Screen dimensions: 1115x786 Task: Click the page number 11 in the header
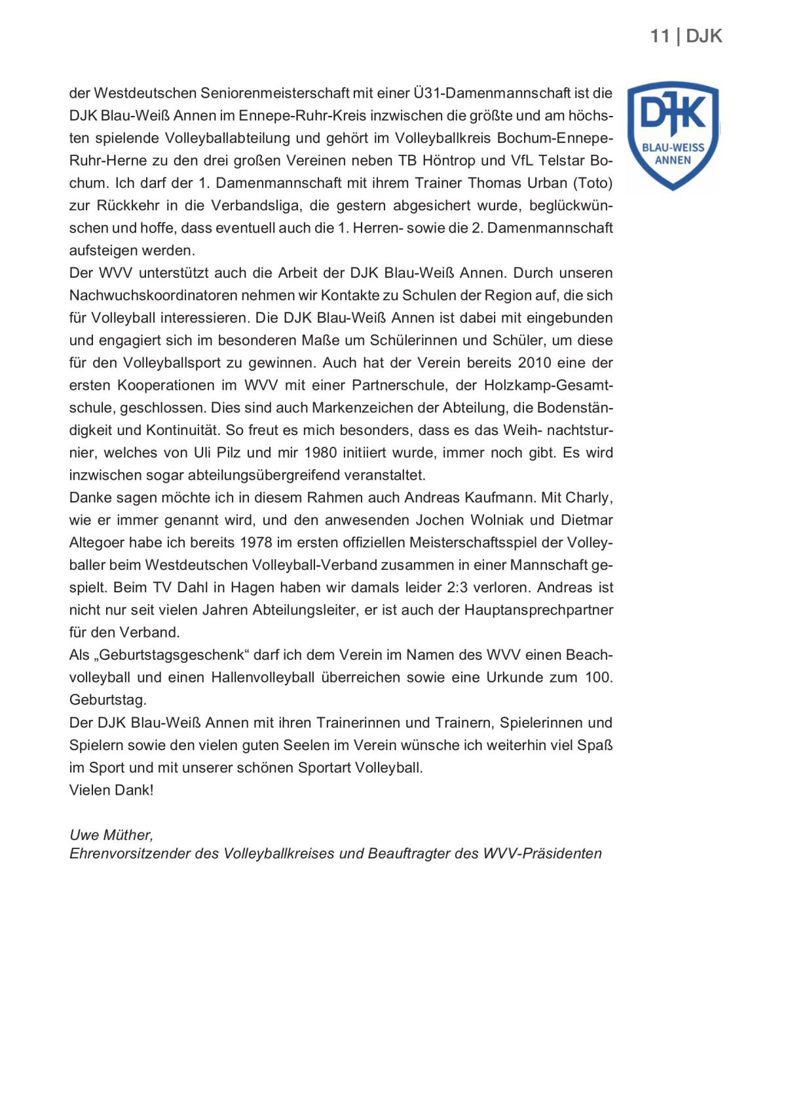point(660,36)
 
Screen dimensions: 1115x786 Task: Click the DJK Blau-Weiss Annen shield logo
point(673,136)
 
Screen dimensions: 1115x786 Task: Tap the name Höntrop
point(448,161)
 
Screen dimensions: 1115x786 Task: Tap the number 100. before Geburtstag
point(599,677)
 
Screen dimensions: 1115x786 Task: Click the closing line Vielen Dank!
point(111,790)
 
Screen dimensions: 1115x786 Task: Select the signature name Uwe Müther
point(111,835)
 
